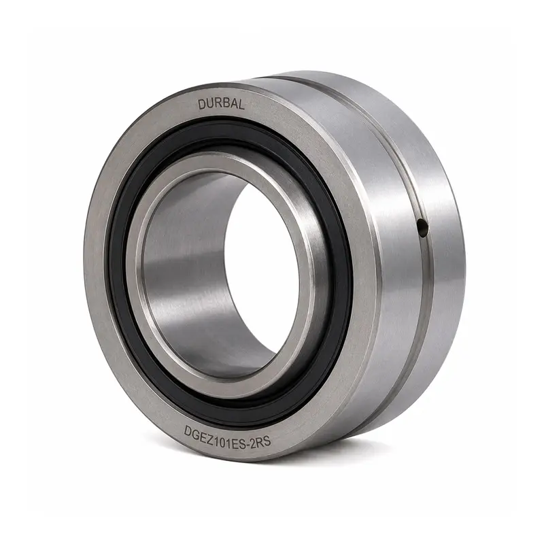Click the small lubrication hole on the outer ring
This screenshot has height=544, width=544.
pyautogui.click(x=422, y=228)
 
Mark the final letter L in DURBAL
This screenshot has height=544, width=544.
pyautogui.click(x=241, y=105)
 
